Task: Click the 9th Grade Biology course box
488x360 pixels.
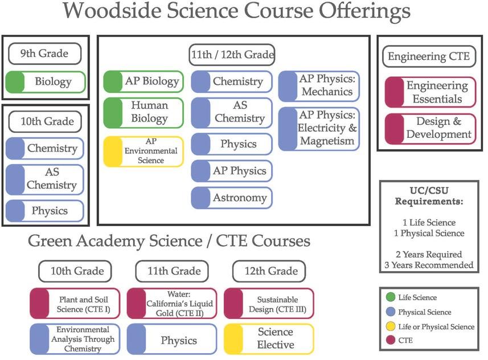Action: click(46, 82)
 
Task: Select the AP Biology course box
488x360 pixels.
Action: click(143, 81)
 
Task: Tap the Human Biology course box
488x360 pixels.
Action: click(143, 112)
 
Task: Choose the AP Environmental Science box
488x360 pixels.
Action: click(143, 151)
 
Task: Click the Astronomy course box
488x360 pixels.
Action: click(232, 198)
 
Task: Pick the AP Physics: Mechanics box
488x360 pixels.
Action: click(319, 85)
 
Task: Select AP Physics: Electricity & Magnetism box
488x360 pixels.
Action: click(319, 128)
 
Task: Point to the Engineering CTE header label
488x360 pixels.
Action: click(429, 56)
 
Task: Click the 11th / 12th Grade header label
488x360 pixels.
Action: click(232, 55)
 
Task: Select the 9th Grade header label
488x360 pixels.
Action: click(44, 54)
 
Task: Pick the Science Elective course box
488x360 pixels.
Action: click(269, 338)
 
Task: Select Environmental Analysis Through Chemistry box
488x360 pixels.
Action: click(75, 339)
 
